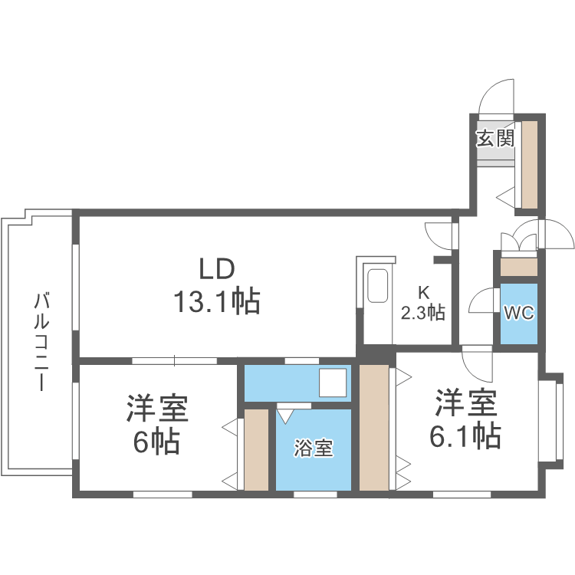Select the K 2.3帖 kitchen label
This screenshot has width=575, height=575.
[x=423, y=304]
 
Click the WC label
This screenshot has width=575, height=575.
[x=517, y=313]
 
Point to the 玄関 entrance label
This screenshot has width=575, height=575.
[x=495, y=140]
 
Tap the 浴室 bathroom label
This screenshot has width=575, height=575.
[x=314, y=449]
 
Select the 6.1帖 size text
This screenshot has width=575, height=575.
[x=465, y=435]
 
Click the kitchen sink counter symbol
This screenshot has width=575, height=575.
[x=378, y=287]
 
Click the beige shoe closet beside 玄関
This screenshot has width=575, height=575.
[x=527, y=164]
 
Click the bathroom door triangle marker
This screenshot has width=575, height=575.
[x=285, y=416]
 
